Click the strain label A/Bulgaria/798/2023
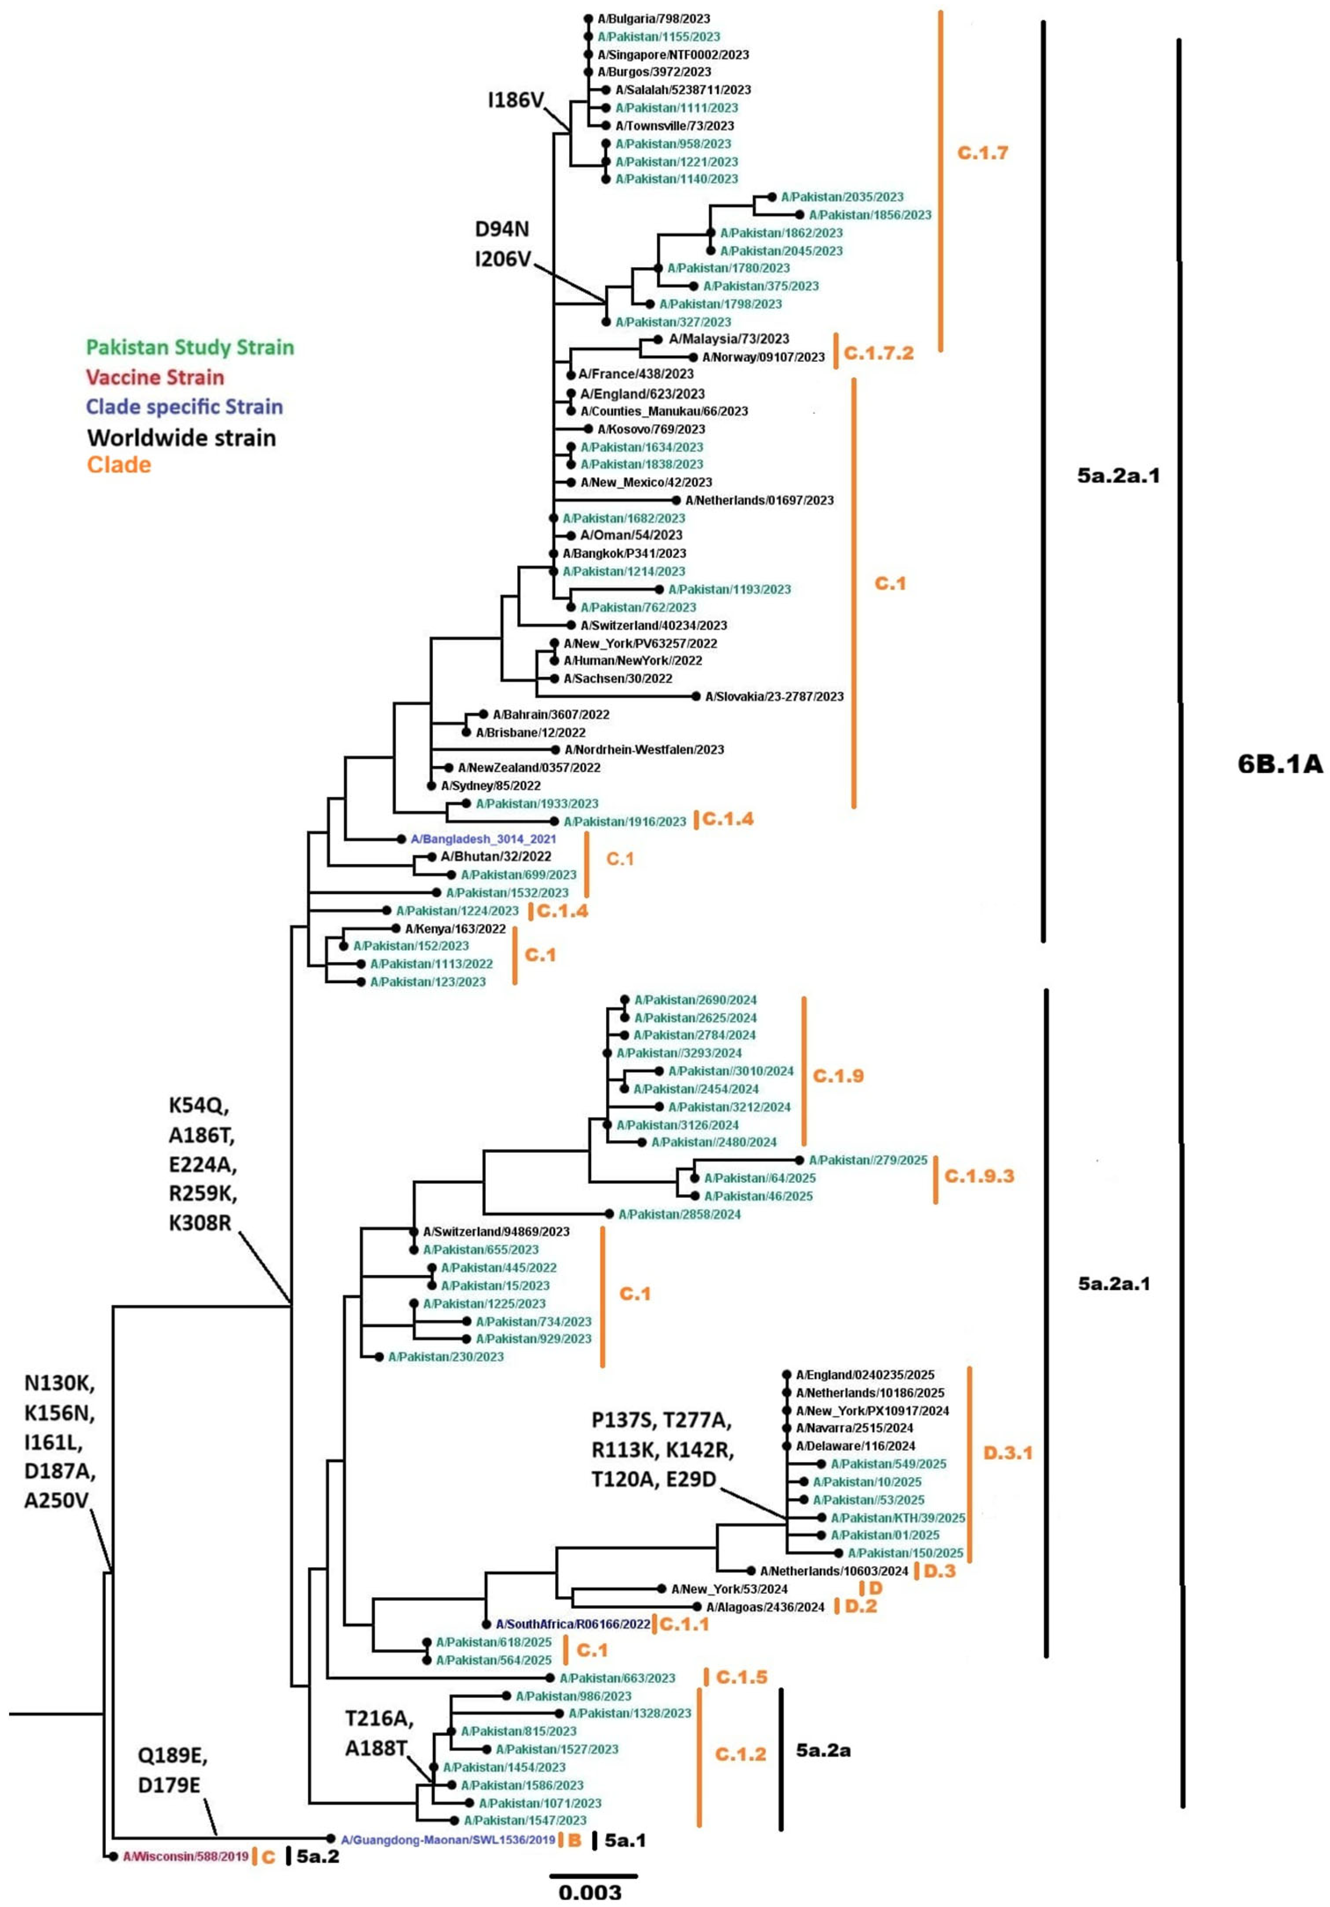653,18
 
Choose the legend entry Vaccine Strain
155,377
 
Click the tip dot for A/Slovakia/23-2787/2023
696,696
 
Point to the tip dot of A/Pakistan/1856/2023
801,214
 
